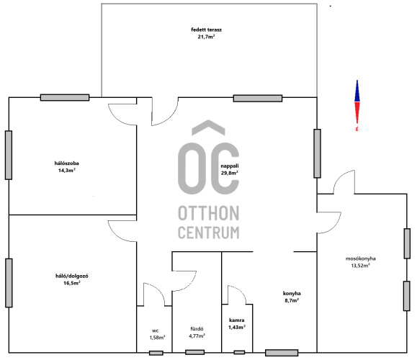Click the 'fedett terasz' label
tap(206, 30)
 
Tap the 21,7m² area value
tap(206, 37)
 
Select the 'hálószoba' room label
tap(67, 163)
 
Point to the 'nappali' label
tap(230, 166)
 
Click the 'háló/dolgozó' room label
tap(72, 276)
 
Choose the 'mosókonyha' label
tap(361, 258)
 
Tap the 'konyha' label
tap(292, 293)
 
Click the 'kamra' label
tap(237, 320)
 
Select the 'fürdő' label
tap(197, 329)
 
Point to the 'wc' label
tap(156, 330)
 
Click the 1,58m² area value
tap(157, 338)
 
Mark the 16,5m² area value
tap(72, 283)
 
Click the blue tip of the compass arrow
tap(357, 81)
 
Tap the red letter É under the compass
tap(357, 129)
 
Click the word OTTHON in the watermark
tap(209, 213)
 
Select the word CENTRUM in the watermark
tap(209, 233)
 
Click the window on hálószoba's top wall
tap(65, 98)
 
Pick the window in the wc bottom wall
tap(156, 353)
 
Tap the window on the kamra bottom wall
tap(239, 352)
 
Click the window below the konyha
tap(282, 353)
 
